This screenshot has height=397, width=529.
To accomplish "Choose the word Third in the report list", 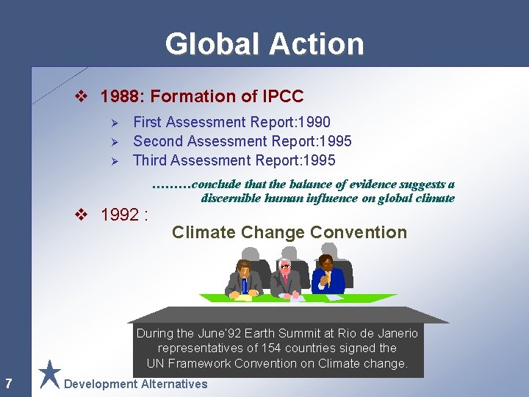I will [151, 160].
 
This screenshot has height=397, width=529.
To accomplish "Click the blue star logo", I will [49, 373].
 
